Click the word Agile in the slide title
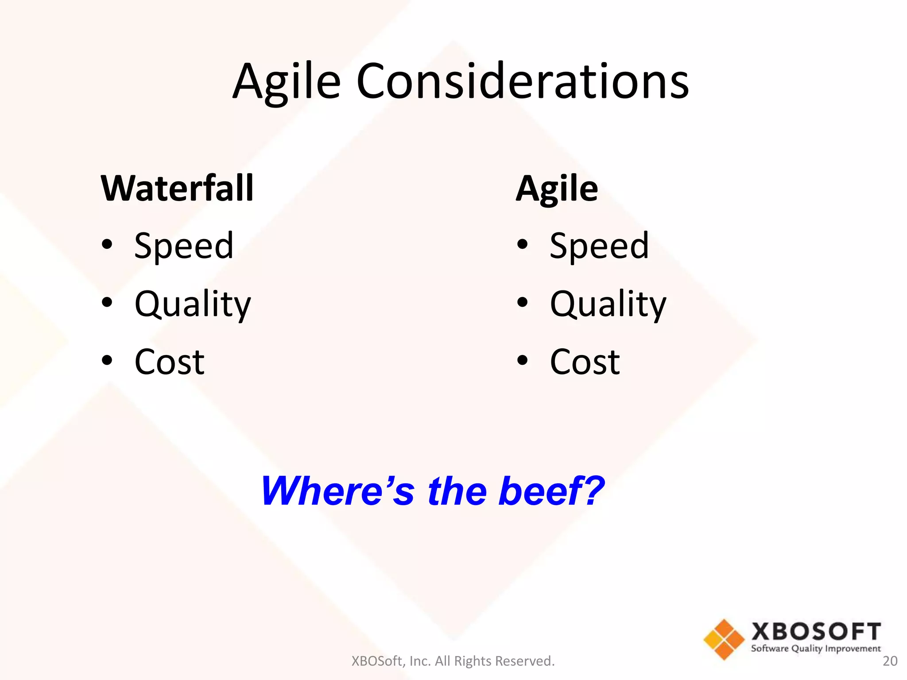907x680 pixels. pos(287,82)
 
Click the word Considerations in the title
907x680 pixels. pos(523,82)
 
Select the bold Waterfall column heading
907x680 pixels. pos(177,189)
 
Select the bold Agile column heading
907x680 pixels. pos(557,189)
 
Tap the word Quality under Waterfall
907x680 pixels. pos(193,305)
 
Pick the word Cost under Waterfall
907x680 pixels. pos(169,362)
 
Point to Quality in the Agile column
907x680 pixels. pos(608,305)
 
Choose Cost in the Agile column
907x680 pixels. pos(585,362)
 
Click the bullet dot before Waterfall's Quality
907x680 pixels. pos(107,302)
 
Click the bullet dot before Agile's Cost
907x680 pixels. pos(523,360)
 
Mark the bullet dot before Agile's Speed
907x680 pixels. pos(523,244)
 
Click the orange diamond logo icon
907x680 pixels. pos(724,639)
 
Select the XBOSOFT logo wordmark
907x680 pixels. pos(816,631)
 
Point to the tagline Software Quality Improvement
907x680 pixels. pos(816,649)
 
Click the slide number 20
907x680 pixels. pos(890,661)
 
